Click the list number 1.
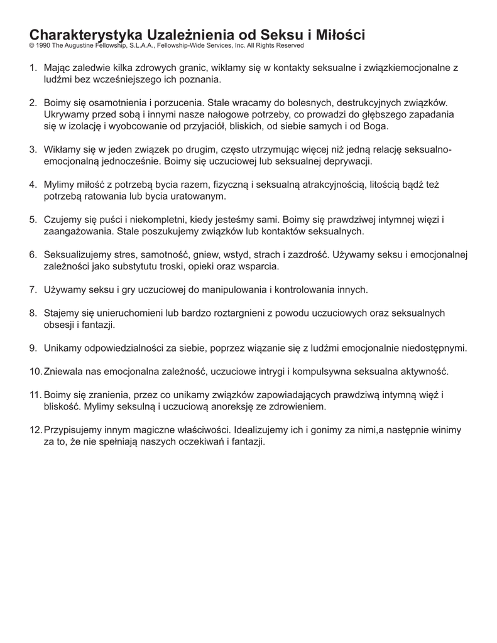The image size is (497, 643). coord(33,67)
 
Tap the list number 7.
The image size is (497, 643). coord(33,289)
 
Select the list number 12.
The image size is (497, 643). coord(35,430)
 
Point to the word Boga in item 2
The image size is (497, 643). coord(375,126)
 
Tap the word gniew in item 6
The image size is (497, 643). coord(197,255)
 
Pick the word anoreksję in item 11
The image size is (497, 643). coord(217,406)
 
